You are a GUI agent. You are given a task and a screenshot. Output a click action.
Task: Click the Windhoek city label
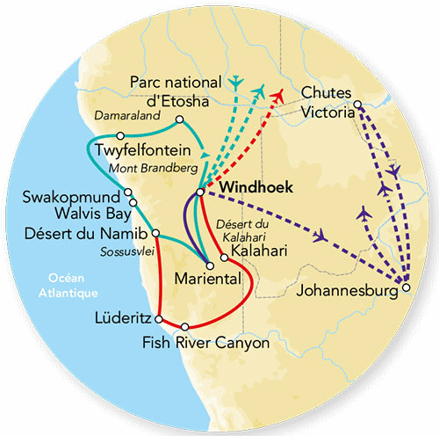click(x=254, y=187)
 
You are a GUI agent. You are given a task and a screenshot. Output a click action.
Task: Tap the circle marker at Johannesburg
click(x=405, y=286)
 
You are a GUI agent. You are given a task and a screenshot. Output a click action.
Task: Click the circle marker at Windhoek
click(x=201, y=191)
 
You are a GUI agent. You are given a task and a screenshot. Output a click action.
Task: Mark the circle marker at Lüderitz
click(x=159, y=317)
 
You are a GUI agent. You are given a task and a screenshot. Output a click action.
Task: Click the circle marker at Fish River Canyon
click(x=185, y=326)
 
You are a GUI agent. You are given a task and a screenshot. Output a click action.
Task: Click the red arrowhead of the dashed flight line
click(x=279, y=94)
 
